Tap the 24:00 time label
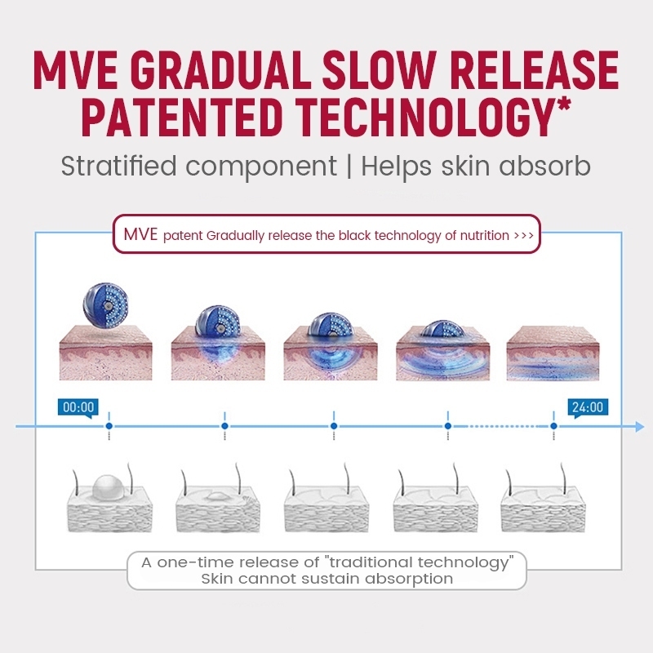pos(588,407)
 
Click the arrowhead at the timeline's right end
pos(638,426)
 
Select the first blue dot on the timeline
pos(109,426)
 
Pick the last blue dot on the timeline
pos(553,426)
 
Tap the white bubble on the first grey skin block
pos(109,488)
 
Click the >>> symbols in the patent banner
pos(524,236)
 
